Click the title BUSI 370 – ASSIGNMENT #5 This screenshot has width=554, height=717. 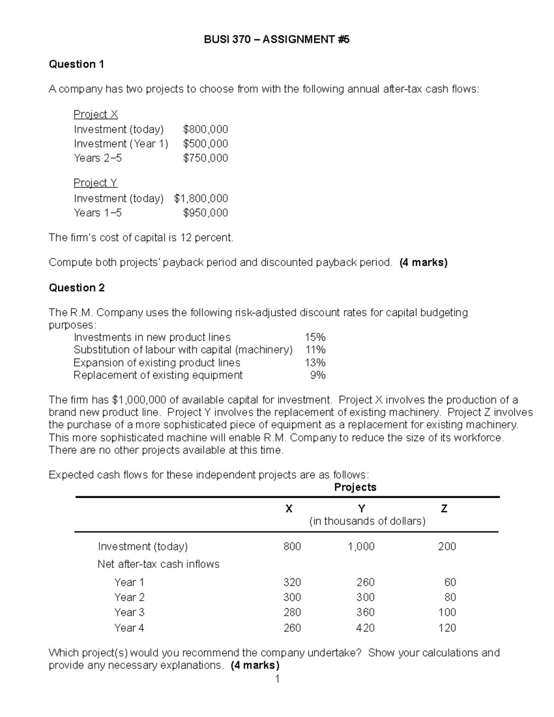[x=277, y=40]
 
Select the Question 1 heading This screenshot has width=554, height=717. [x=76, y=64]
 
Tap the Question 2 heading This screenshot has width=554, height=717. [x=77, y=288]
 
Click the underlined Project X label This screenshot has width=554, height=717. [x=96, y=114]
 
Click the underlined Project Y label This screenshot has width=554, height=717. [x=96, y=183]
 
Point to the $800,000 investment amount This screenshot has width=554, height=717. [x=205, y=129]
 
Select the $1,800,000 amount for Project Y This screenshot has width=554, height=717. [x=201, y=199]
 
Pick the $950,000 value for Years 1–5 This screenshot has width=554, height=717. [x=205, y=213]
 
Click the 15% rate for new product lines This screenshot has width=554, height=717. [x=315, y=337]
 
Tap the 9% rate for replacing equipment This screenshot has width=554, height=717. [x=318, y=375]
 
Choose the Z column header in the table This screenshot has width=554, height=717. [x=444, y=509]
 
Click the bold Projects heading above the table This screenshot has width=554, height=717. [x=355, y=488]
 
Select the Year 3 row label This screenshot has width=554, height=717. [x=129, y=613]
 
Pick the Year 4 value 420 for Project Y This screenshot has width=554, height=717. [x=365, y=628]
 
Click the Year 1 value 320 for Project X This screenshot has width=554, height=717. [x=292, y=582]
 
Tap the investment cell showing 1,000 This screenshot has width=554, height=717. [x=361, y=547]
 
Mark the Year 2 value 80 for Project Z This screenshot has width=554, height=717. [x=450, y=597]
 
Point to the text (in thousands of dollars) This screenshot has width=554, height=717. [x=367, y=521]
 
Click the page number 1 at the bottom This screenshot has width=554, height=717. [x=277, y=679]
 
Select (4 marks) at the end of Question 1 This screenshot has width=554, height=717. [x=423, y=263]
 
